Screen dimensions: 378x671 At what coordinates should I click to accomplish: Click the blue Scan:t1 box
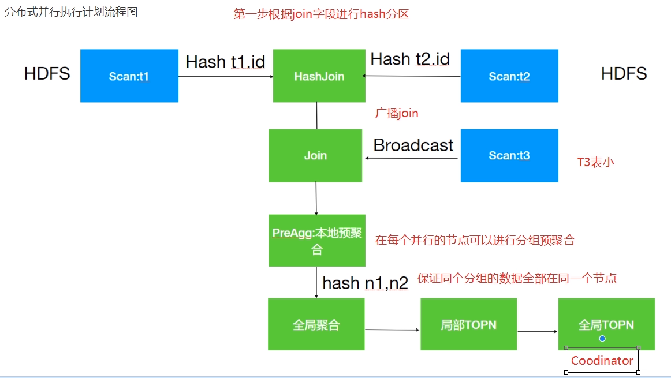tap(129, 76)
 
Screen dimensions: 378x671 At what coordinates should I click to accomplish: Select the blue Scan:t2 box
tap(509, 76)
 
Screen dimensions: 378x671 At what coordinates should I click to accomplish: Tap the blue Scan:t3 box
tap(509, 155)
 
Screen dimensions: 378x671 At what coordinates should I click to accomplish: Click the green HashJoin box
tap(319, 76)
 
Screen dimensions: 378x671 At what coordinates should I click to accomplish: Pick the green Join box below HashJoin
tap(315, 155)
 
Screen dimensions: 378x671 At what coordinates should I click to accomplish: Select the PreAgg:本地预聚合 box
tap(316, 241)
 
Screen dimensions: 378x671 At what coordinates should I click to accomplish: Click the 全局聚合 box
tap(316, 324)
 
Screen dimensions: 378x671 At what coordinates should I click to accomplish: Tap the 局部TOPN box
tap(468, 324)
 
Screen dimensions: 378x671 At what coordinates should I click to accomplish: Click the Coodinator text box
tap(602, 361)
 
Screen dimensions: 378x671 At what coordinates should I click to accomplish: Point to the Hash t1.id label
tap(225, 62)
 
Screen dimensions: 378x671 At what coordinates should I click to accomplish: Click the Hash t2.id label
tap(410, 59)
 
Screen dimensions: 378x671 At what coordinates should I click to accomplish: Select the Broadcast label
tap(413, 145)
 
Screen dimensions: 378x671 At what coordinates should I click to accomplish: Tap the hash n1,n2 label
tap(365, 283)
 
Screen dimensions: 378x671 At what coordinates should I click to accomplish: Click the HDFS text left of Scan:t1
tap(47, 73)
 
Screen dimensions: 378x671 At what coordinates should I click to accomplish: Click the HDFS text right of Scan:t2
tap(624, 73)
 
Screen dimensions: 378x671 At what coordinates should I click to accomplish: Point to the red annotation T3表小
tap(595, 162)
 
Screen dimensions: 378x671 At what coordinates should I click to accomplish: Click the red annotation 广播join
tap(397, 114)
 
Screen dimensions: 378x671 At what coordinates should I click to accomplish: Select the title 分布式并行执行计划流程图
tap(71, 12)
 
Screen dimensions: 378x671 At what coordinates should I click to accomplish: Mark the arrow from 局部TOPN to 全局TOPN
tap(537, 331)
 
